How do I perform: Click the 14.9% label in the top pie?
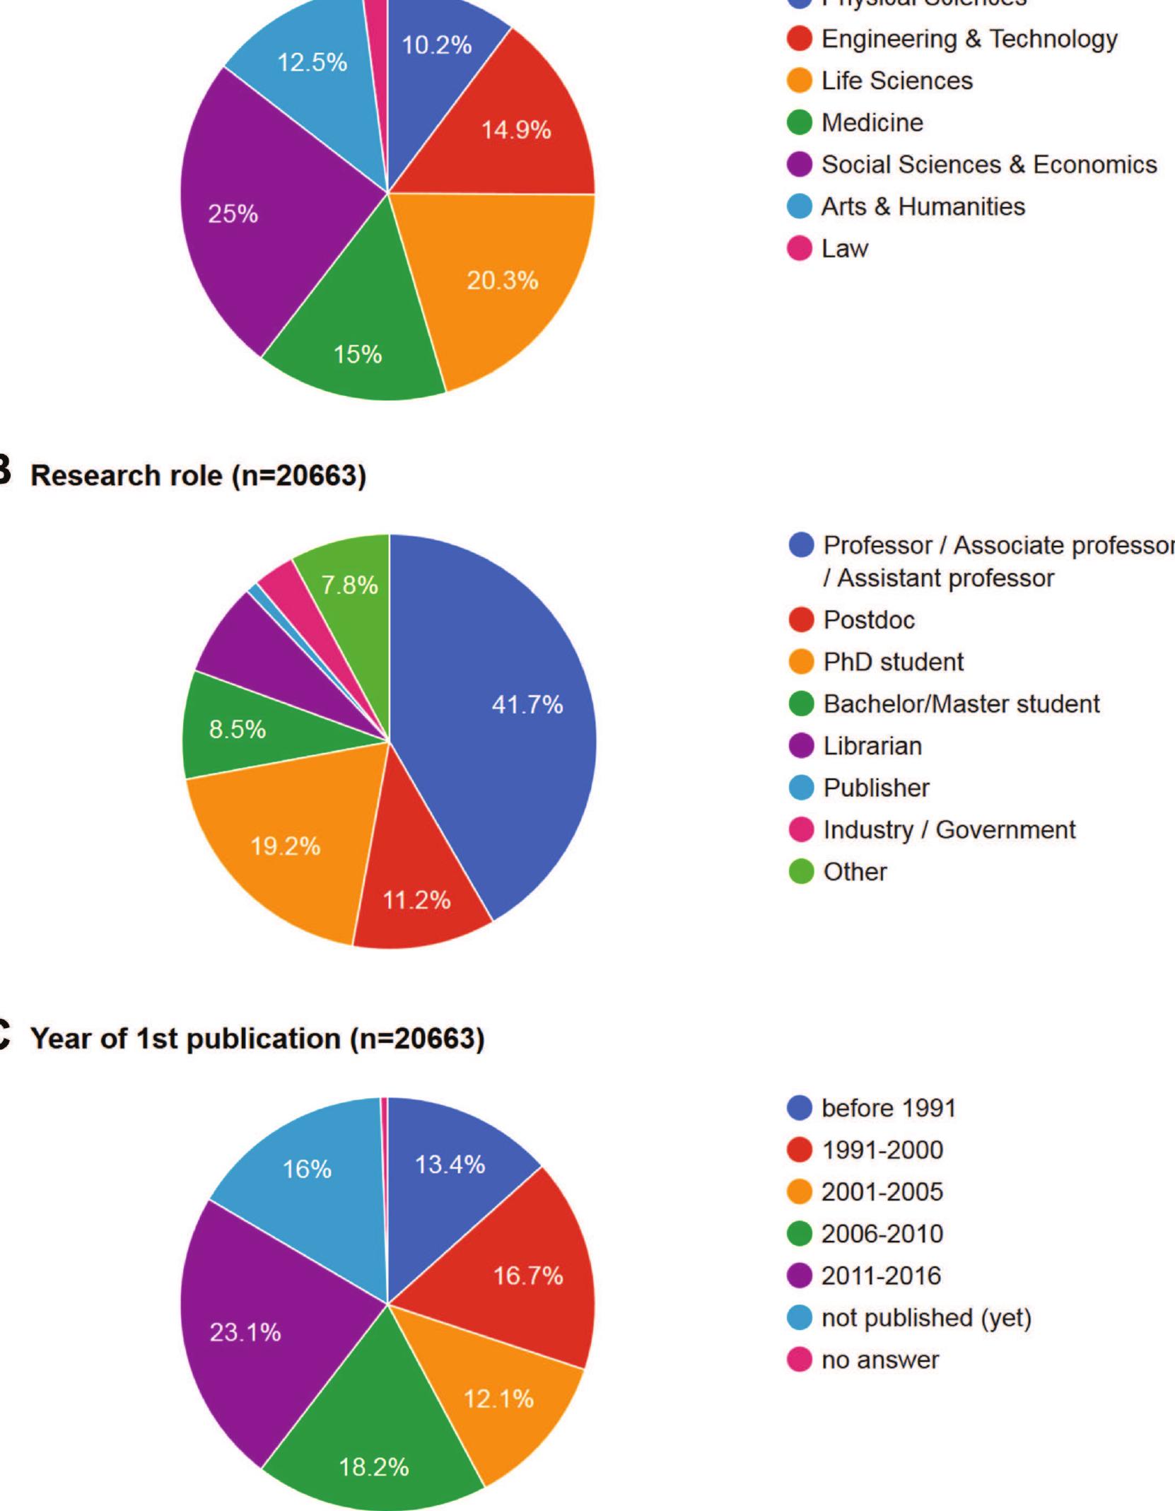tap(516, 130)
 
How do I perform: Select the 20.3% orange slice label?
tap(502, 281)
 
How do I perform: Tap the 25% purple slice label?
tap(233, 214)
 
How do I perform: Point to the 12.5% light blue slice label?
tap(312, 63)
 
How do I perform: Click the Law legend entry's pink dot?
tap(800, 249)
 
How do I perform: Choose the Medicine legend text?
tap(872, 123)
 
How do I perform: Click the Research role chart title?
tap(199, 476)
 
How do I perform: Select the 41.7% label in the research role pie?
tap(527, 704)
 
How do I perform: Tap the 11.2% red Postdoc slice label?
tap(416, 900)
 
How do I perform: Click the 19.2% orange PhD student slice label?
tap(286, 846)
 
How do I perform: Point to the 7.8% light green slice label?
tap(349, 585)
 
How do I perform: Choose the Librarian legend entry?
tap(872, 746)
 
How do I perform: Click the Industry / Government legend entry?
tap(949, 829)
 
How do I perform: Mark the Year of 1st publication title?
tap(258, 1039)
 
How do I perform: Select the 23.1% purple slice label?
tap(245, 1333)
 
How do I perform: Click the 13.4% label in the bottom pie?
tap(450, 1165)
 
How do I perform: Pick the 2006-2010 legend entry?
tap(882, 1234)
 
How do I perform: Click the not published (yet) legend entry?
tap(926, 1317)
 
